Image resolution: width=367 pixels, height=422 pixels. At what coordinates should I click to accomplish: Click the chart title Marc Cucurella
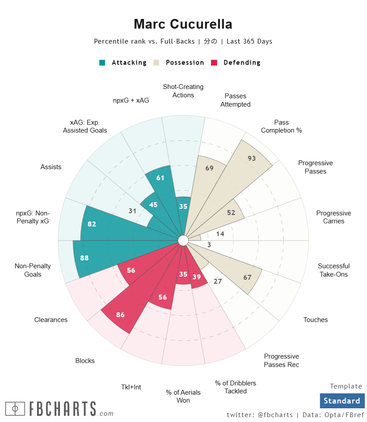183,24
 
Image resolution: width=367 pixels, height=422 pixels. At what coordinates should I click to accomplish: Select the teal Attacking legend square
102,63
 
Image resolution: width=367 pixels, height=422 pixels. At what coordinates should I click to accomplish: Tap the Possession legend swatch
156,63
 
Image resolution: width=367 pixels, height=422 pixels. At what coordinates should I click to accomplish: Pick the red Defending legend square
215,63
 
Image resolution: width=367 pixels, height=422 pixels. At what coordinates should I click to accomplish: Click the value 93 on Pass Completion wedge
252,159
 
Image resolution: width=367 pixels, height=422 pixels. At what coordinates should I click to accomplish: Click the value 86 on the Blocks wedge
120,315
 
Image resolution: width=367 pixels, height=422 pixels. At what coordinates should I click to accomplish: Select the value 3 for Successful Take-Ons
209,245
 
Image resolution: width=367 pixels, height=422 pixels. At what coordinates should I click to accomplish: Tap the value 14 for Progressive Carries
220,234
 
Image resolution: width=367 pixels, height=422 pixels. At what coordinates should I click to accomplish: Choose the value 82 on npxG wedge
92,224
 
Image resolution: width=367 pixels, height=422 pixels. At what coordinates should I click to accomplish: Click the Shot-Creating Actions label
183,91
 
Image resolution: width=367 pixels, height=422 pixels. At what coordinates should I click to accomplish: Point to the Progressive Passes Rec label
282,360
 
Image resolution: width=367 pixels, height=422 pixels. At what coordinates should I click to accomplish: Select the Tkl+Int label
131,387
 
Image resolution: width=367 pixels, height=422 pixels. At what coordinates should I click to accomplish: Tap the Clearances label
51,320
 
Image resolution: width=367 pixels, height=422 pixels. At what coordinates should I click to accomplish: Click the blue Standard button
342,401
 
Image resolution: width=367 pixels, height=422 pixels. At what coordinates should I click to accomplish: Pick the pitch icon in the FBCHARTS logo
15,409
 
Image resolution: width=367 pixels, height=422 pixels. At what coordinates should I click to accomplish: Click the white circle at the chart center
183,241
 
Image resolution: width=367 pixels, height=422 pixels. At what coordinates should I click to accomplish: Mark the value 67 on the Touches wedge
247,277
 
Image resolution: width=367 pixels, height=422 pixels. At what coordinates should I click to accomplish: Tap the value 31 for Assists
133,211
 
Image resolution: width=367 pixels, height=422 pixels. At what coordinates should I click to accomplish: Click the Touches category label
315,320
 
